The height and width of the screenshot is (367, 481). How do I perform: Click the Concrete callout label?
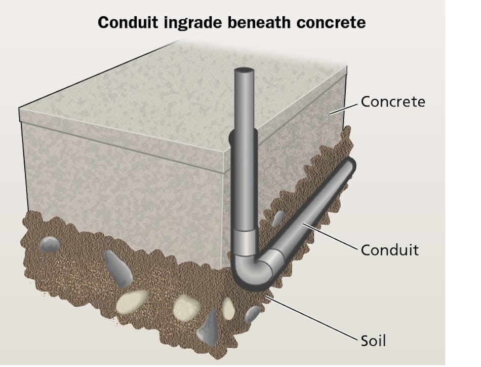[x=392, y=102]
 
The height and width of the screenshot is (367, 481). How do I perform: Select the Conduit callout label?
[x=389, y=250]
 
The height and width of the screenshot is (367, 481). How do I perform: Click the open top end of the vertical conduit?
[x=245, y=70]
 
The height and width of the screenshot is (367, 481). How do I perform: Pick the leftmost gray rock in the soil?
[x=50, y=244]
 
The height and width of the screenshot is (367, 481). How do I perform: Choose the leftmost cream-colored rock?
[x=132, y=302]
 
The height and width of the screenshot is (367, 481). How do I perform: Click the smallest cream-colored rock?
[x=229, y=308]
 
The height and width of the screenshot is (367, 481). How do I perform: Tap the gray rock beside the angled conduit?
[x=278, y=218]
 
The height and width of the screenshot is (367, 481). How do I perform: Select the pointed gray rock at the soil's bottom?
[x=208, y=329]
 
